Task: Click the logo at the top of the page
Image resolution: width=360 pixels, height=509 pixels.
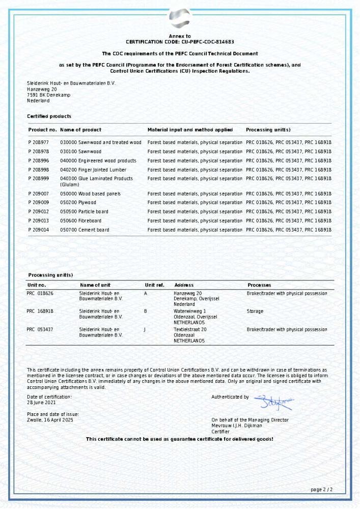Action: click(180, 18)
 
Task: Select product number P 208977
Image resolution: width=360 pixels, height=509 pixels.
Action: click(39, 143)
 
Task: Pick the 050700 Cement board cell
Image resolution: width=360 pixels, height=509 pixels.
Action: click(85, 230)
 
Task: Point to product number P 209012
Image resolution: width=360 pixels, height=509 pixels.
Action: click(39, 212)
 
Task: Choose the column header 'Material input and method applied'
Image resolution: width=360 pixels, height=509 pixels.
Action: click(190, 130)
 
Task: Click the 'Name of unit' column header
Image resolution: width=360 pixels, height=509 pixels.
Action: click(95, 285)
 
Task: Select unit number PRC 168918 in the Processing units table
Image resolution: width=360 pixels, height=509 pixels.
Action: click(40, 311)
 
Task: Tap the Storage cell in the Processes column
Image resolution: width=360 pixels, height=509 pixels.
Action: click(255, 311)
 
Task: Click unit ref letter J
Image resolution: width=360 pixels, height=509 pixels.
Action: click(145, 330)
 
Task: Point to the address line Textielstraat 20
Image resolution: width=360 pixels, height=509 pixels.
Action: click(190, 330)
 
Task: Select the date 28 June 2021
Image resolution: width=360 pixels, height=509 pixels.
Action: click(41, 402)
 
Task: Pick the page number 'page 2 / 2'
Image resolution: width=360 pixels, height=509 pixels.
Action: click(321, 490)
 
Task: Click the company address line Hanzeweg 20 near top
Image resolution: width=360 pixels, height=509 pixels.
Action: click(42, 89)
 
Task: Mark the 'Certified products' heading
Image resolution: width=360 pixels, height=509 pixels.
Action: click(49, 117)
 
